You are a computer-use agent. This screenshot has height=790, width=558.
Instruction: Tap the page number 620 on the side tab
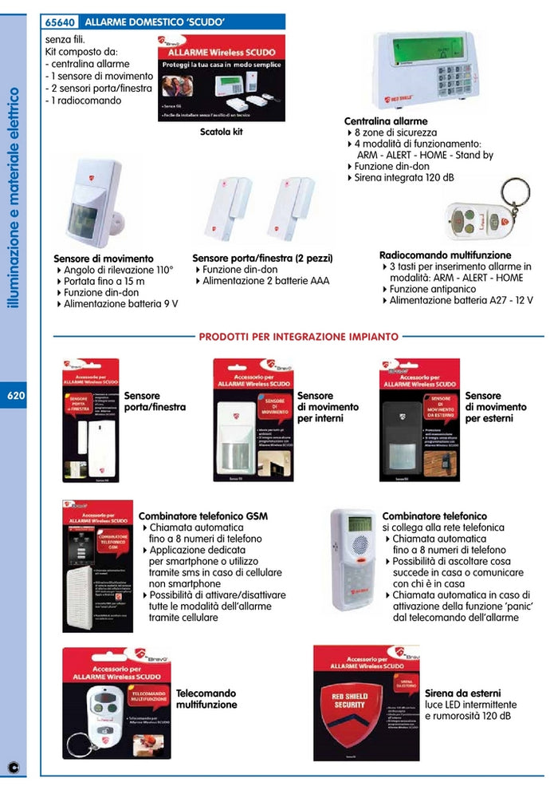point(14,396)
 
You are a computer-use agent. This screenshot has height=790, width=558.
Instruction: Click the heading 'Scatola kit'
point(221,132)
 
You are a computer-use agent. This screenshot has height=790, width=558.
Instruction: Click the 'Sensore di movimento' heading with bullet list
point(103,259)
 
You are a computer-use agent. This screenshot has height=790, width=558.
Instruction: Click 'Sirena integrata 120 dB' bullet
point(405,178)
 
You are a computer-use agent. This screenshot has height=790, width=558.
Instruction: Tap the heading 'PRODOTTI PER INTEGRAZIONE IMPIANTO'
point(299,338)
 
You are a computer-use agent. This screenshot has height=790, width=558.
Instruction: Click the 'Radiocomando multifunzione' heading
point(445,255)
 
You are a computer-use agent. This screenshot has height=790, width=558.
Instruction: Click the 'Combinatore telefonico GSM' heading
point(202,516)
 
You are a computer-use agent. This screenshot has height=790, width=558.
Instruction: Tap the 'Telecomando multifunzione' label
point(206,700)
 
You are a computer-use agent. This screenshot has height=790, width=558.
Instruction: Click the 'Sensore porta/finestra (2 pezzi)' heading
point(262,259)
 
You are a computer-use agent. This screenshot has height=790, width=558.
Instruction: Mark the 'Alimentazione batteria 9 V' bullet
point(120,304)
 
